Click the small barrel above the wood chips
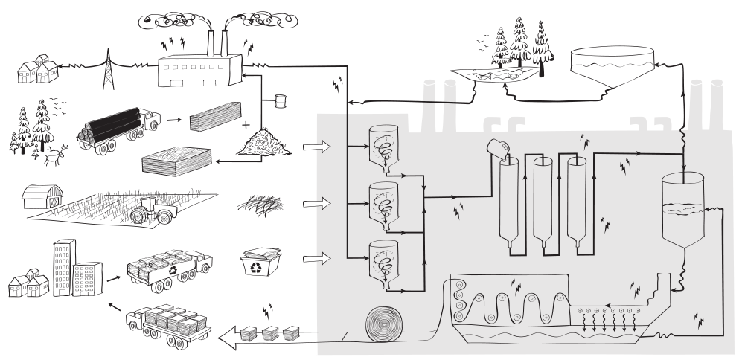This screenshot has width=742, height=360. pos(281,101)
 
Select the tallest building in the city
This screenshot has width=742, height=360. pos(63,266)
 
